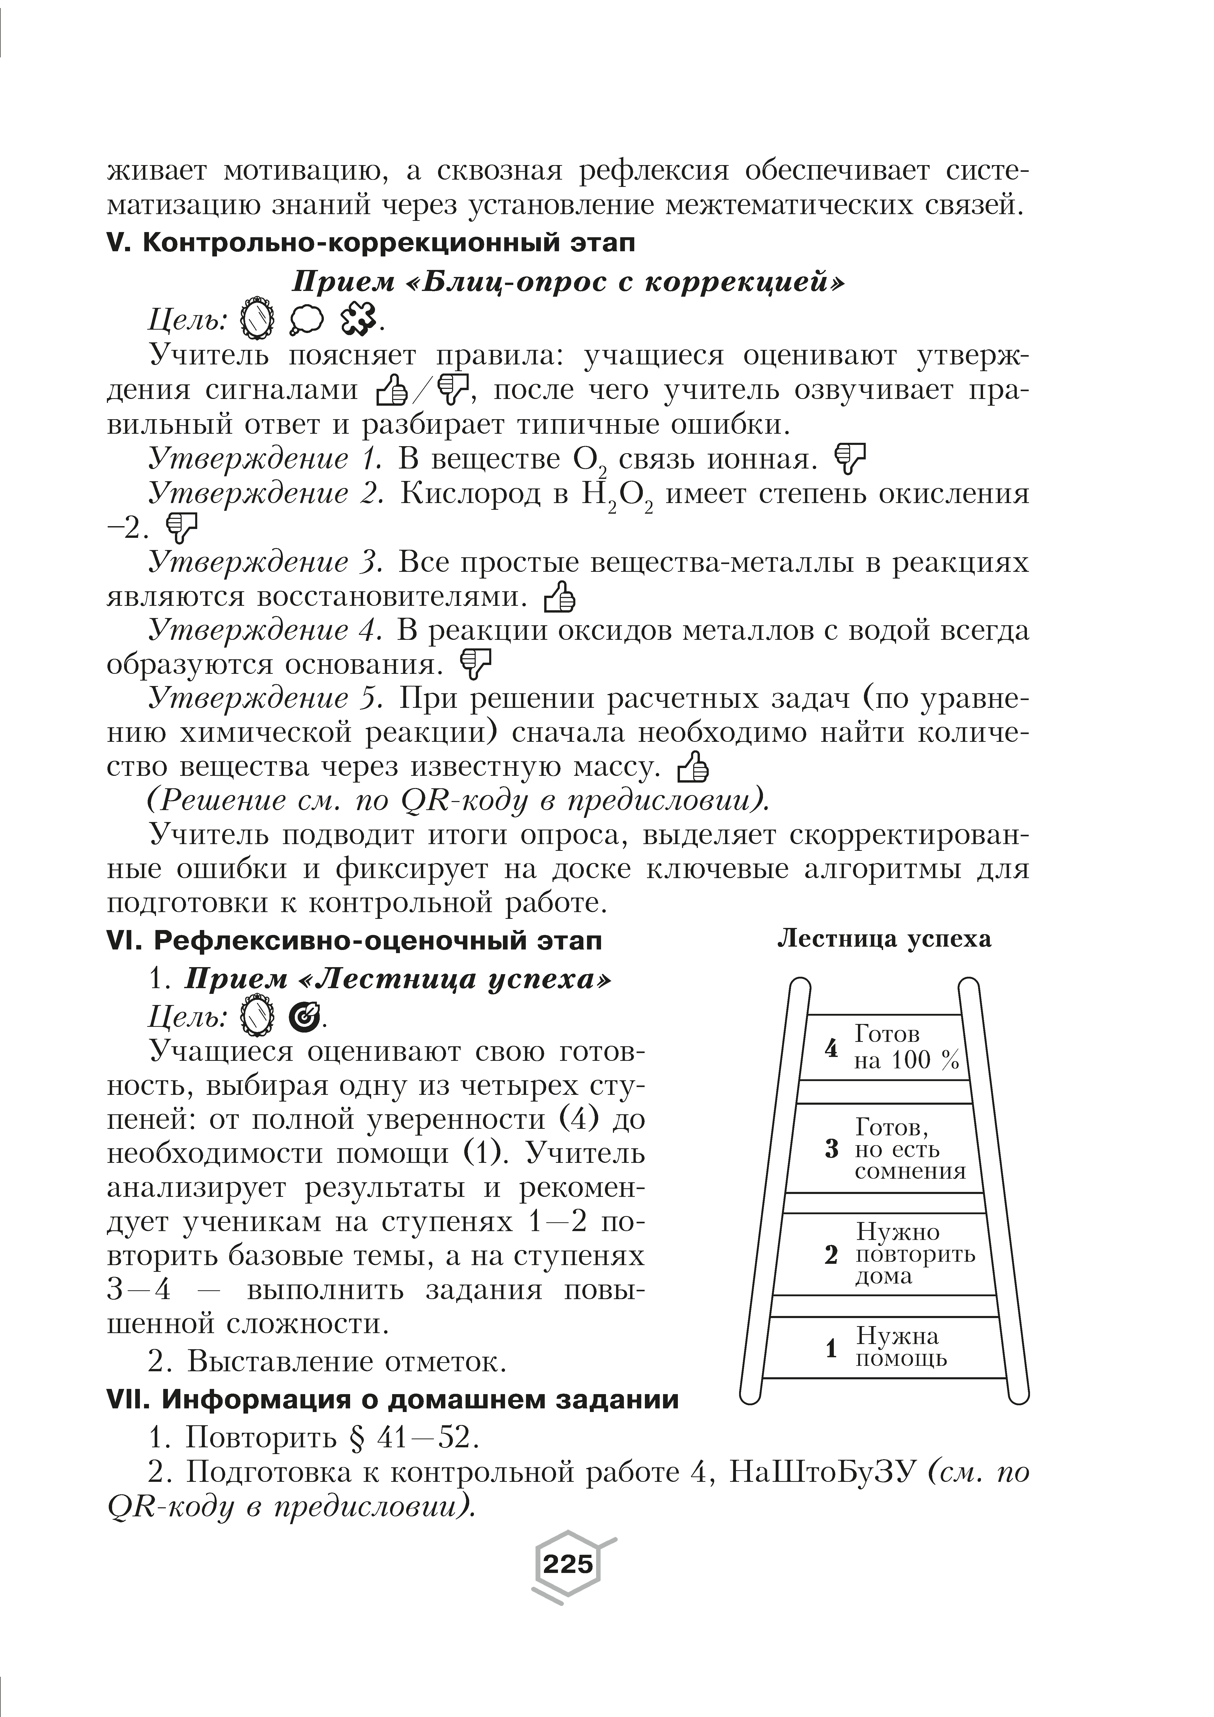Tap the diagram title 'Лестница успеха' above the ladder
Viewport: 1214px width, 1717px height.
(884, 939)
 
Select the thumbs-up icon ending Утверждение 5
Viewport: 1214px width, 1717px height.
(692, 766)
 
